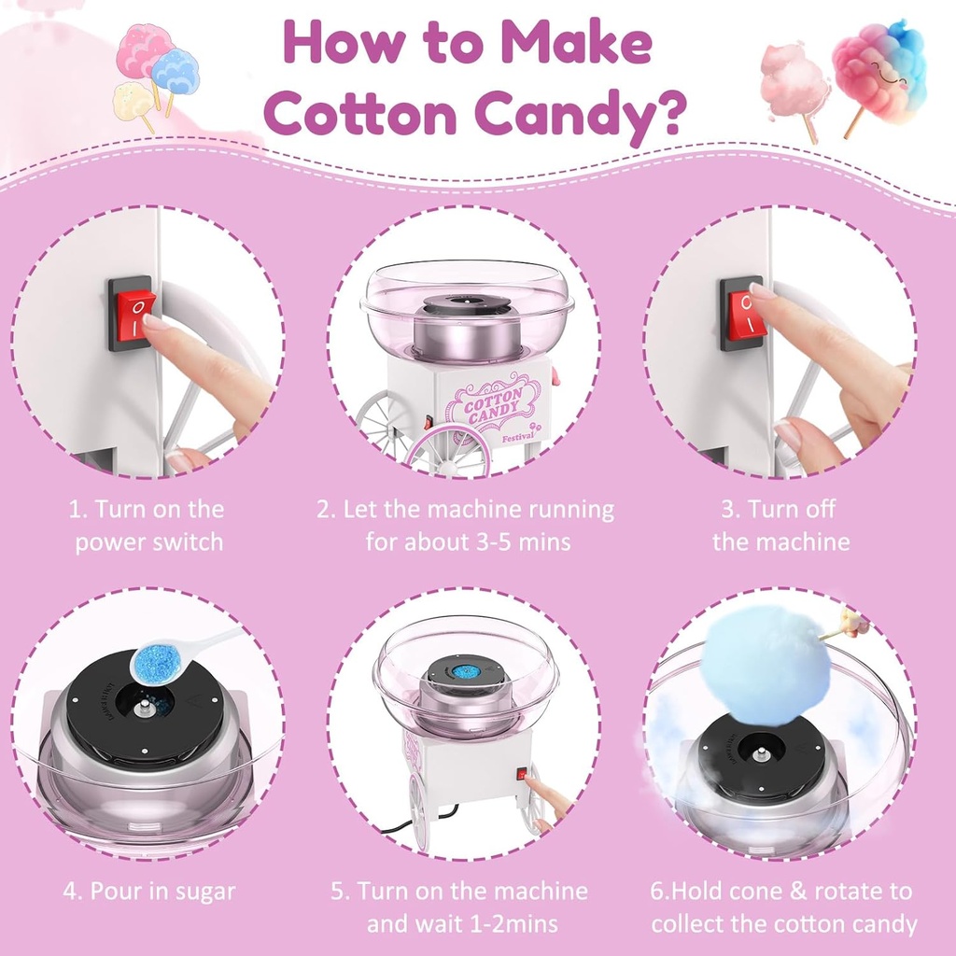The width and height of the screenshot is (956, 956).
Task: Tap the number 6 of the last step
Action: click(657, 891)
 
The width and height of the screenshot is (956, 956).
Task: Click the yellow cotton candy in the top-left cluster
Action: click(134, 101)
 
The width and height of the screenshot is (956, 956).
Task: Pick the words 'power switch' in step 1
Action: click(149, 541)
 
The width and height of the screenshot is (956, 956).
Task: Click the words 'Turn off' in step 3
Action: click(780, 509)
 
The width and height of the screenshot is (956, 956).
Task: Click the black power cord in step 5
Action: click(397, 825)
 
